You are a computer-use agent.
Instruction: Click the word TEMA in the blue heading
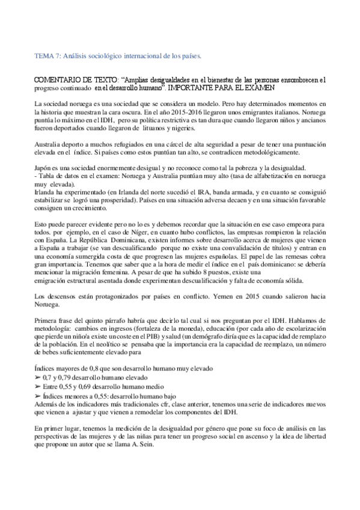click(x=44, y=57)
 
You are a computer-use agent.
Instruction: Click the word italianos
click(x=281, y=112)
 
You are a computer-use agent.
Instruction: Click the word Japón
click(x=44, y=168)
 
